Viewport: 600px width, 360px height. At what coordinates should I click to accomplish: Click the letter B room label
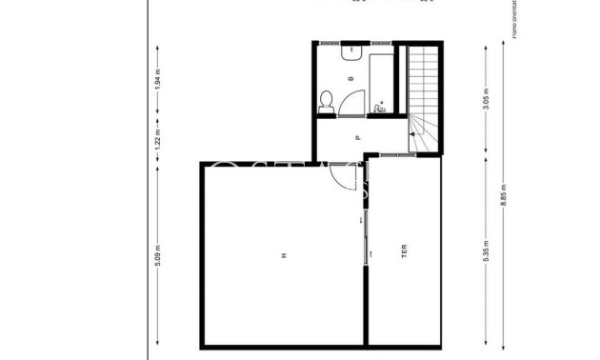point(351,79)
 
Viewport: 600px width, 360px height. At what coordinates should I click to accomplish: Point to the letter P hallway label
point(358,138)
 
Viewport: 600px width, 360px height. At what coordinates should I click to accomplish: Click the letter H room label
point(283,255)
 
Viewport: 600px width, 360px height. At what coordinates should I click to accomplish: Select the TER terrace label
point(404,253)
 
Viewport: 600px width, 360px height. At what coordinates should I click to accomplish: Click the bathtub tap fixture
point(381,109)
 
